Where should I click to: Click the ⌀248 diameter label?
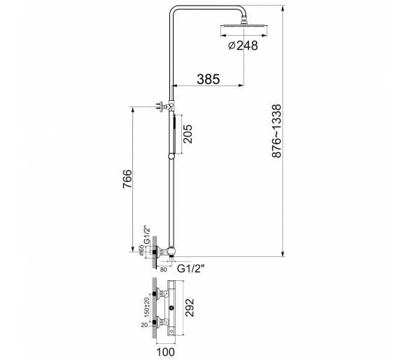pos(243,46)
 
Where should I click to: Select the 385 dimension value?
pos(208,79)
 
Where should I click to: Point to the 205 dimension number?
pos(188,134)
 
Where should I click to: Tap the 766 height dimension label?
pos(127,179)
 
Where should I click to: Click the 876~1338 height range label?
pos(276,131)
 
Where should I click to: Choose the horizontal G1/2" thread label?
pos(191,269)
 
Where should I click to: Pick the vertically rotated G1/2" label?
pos(148,234)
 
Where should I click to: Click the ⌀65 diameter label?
pos(141,250)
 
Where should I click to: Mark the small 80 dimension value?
pos(163,270)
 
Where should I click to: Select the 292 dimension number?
pos(190,307)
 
